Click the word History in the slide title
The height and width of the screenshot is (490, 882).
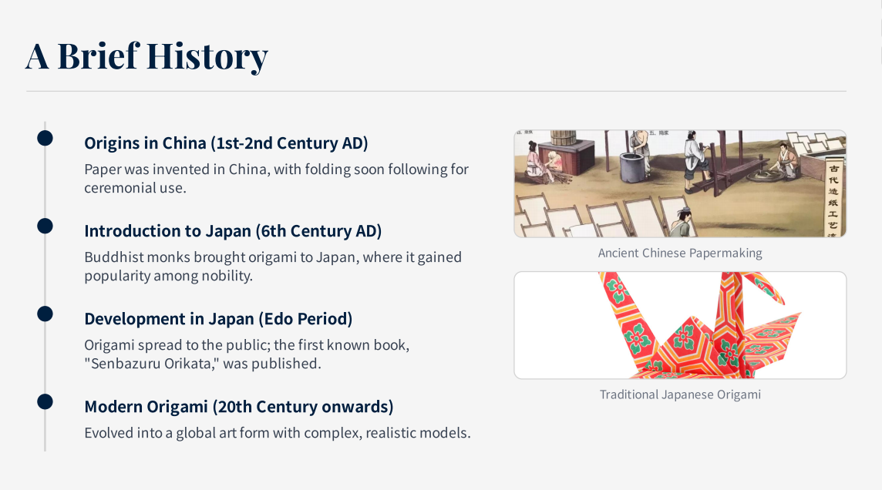click(x=207, y=57)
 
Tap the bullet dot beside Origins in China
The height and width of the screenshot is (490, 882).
click(x=45, y=138)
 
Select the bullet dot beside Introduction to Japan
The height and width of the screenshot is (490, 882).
click(x=45, y=226)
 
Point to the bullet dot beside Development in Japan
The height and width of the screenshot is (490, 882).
click(x=45, y=314)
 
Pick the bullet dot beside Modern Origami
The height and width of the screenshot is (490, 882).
click(x=45, y=401)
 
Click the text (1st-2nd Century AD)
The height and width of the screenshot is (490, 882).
click(x=289, y=143)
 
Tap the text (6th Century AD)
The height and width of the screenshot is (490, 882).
click(x=318, y=231)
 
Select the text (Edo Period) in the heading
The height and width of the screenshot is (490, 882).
click(x=305, y=319)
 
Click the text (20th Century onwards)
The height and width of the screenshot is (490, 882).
click(x=303, y=407)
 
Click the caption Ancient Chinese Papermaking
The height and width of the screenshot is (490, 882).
click(x=680, y=253)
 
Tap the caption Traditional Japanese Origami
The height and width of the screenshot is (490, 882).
click(x=680, y=395)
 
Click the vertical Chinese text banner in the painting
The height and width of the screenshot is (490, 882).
click(x=833, y=198)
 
